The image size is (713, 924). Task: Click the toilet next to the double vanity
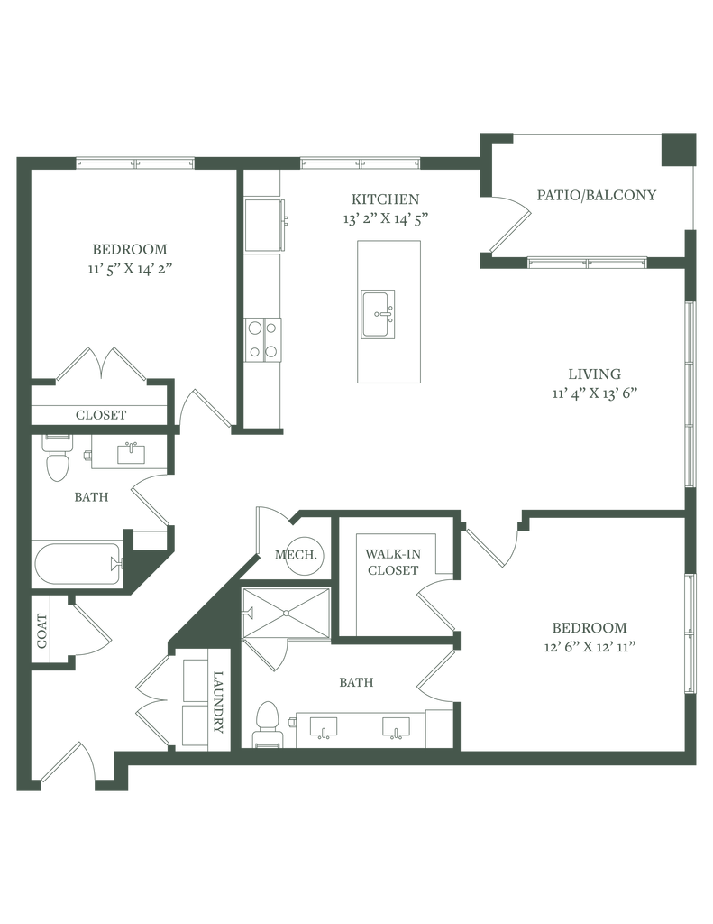pyautogui.click(x=267, y=724)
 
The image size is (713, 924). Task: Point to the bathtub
pyautogui.click(x=78, y=564)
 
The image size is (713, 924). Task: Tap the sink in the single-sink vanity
pyautogui.click(x=131, y=451)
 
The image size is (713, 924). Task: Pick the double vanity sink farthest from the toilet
pyautogui.click(x=396, y=727)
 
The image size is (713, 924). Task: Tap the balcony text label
pyautogui.click(x=596, y=195)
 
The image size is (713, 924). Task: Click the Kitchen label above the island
pyautogui.click(x=384, y=198)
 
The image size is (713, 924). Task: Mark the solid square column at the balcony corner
pyautogui.click(x=677, y=148)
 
